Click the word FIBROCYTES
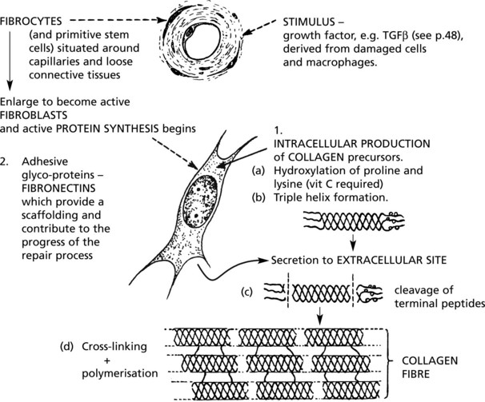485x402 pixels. click(31, 21)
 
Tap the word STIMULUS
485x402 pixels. click(309, 22)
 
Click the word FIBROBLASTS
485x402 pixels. click(34, 115)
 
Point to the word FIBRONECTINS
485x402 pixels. click(58, 188)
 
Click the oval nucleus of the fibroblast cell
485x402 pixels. click(200, 201)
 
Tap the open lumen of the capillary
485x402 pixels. click(202, 42)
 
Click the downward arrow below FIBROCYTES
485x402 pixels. click(10, 60)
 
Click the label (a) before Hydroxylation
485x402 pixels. click(259, 171)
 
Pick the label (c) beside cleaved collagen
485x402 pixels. click(247, 292)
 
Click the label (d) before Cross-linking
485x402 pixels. click(66, 347)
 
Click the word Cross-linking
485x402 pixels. click(114, 347)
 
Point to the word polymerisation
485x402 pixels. click(120, 373)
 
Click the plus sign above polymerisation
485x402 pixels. click(107, 360)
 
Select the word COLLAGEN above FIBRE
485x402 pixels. click(430, 360)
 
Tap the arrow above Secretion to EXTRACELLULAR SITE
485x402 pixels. click(352, 242)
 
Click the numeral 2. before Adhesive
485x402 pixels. click(4, 161)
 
